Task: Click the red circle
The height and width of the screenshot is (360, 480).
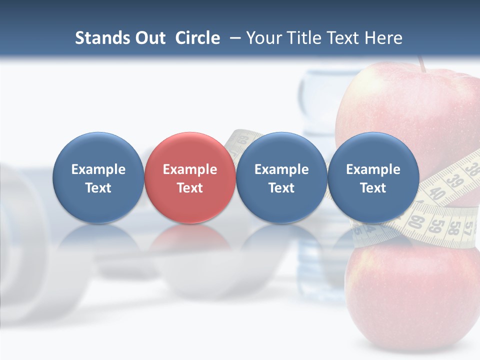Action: [x=190, y=178]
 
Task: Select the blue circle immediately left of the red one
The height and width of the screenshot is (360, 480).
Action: [x=98, y=178]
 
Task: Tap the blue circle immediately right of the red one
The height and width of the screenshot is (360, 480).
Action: [x=281, y=178]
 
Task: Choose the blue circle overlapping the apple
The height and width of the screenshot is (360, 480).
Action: [x=373, y=178]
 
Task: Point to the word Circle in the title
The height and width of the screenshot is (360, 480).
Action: [x=197, y=38]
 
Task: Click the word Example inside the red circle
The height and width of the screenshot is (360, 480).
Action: [x=190, y=169]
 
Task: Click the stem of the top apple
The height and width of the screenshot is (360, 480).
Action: [x=422, y=64]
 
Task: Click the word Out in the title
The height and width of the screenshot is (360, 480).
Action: [x=148, y=38]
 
